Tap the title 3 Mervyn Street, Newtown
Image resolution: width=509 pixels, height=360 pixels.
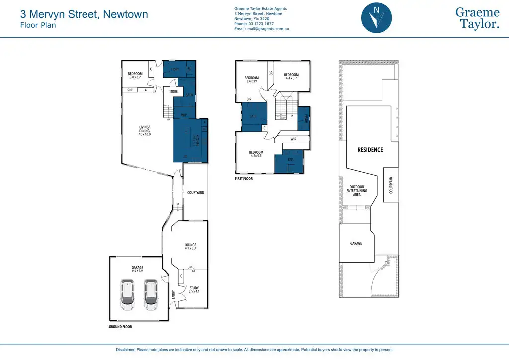84,14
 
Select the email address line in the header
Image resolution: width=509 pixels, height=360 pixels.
261,29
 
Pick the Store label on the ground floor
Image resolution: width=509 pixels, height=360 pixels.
173,92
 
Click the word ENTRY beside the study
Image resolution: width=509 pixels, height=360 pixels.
173,294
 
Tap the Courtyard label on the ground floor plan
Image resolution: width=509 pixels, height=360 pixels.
196,193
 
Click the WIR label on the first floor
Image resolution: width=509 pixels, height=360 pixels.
293,139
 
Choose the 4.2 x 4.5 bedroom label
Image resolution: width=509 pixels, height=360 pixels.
256,154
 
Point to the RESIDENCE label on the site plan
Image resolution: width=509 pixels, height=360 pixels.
370,149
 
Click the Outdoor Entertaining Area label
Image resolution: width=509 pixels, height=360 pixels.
357,191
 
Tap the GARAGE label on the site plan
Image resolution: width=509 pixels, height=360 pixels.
356,243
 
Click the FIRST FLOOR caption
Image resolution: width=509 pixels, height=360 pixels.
244,178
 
